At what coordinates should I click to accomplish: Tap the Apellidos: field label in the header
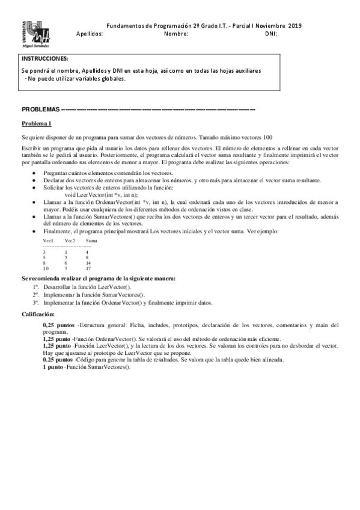click(x=90, y=34)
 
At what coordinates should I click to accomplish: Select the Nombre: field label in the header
click(x=176, y=34)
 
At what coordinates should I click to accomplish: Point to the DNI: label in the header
click(x=270, y=34)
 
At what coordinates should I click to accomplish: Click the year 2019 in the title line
click(x=294, y=26)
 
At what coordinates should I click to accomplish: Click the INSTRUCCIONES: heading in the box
click(x=45, y=59)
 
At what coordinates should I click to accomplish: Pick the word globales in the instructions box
click(x=112, y=78)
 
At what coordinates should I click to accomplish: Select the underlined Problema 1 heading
click(x=37, y=123)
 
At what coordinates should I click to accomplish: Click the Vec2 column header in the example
click(x=70, y=240)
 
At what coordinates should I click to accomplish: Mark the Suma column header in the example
click(x=91, y=240)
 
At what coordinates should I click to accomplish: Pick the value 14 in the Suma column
click(x=88, y=263)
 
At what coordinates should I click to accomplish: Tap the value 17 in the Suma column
click(x=88, y=268)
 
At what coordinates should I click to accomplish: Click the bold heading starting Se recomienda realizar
click(x=99, y=278)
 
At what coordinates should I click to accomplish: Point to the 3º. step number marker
click(x=36, y=303)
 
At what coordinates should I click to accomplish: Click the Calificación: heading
click(x=38, y=314)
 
